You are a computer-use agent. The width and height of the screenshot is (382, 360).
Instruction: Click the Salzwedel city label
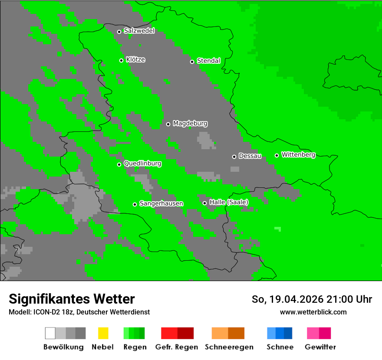point(139,31)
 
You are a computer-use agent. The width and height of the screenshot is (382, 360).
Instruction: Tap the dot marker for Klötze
point(121,60)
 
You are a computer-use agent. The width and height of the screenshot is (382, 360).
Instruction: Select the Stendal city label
point(208,61)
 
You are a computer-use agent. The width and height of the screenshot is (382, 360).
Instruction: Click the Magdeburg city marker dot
point(168,124)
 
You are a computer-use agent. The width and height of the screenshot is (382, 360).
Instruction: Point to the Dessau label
point(250,156)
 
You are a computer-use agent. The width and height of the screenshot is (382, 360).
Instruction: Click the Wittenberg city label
point(298,155)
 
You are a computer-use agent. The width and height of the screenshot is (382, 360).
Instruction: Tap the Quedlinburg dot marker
point(119,164)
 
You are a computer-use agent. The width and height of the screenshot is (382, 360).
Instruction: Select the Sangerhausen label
point(161,203)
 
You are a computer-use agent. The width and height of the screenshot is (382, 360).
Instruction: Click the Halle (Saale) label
point(229,203)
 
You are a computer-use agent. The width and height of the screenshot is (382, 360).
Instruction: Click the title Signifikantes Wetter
point(72,299)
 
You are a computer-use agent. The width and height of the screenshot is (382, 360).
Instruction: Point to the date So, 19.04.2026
point(286,299)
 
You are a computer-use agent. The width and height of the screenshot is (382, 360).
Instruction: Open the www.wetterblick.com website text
point(313,312)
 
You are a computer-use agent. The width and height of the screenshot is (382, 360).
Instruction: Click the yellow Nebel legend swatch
point(103,333)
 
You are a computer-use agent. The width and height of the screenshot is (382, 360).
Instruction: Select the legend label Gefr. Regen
point(177,347)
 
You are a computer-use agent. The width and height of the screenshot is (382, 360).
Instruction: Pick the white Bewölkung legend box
point(50,333)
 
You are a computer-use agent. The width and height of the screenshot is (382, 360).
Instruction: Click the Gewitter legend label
point(320,347)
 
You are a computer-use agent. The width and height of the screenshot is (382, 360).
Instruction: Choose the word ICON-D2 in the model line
point(45,312)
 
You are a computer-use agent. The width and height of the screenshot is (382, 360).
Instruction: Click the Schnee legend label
point(280,347)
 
